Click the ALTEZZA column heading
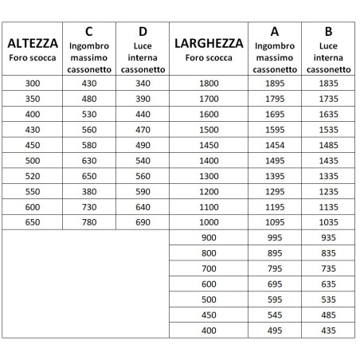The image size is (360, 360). [x=32, y=42]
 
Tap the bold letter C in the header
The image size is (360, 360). [x=88, y=31]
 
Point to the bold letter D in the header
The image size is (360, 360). [x=143, y=31]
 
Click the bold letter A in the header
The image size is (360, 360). [x=275, y=31]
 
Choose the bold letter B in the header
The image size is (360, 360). [x=328, y=31]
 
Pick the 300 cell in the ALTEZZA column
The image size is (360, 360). [x=32, y=84]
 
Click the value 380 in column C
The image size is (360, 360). [x=88, y=191]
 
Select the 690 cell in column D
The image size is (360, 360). [x=143, y=222]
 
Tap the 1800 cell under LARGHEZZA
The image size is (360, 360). [x=209, y=84]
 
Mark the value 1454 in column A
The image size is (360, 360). [x=275, y=145]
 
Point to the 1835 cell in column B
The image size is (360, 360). [x=328, y=84]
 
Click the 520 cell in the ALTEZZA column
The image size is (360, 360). [x=32, y=176]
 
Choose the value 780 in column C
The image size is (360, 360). [x=88, y=222]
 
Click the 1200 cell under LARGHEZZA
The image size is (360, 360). [x=209, y=191]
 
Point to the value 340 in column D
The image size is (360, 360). [x=143, y=84]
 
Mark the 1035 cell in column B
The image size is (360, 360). [x=328, y=222]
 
